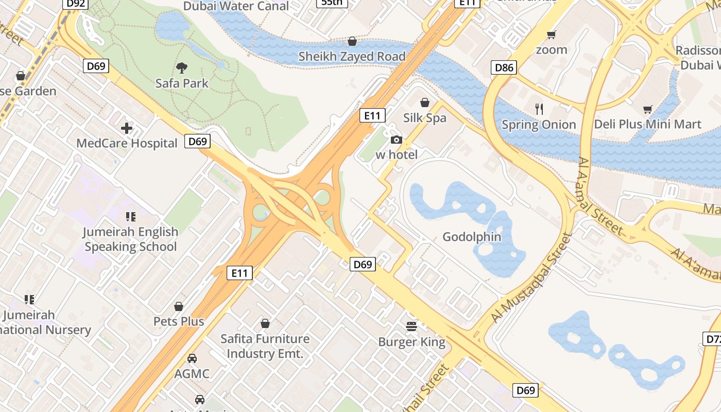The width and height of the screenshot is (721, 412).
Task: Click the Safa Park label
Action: click(x=182, y=83)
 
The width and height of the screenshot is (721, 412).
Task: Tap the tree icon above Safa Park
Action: click(x=181, y=67)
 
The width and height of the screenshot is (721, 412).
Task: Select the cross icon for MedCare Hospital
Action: click(x=127, y=128)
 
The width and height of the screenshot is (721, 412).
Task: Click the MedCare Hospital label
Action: click(x=127, y=143)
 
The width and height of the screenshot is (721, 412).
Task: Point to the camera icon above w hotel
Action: click(x=396, y=140)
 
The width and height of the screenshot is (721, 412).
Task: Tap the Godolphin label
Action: click(x=472, y=237)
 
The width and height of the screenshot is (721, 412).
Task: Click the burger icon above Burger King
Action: click(x=411, y=326)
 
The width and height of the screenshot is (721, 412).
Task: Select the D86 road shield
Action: click(x=504, y=67)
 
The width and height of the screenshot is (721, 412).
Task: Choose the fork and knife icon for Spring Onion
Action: click(x=539, y=109)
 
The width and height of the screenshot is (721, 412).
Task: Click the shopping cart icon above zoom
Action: click(x=552, y=35)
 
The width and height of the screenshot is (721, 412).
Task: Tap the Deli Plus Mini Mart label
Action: click(x=647, y=124)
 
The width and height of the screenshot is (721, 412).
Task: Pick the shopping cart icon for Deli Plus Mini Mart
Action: click(x=647, y=109)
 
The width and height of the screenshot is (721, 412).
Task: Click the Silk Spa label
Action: click(x=425, y=118)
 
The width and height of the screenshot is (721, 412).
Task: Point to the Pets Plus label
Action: click(x=179, y=321)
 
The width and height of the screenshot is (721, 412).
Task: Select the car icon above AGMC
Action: click(x=192, y=358)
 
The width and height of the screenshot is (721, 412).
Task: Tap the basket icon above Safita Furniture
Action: click(x=265, y=323)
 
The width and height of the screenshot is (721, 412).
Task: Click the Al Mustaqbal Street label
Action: click(x=531, y=279)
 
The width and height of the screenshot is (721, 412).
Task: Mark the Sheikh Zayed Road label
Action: click(x=352, y=57)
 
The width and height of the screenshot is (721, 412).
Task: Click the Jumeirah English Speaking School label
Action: click(x=130, y=239)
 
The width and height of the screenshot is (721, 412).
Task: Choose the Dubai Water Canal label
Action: click(x=236, y=6)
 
